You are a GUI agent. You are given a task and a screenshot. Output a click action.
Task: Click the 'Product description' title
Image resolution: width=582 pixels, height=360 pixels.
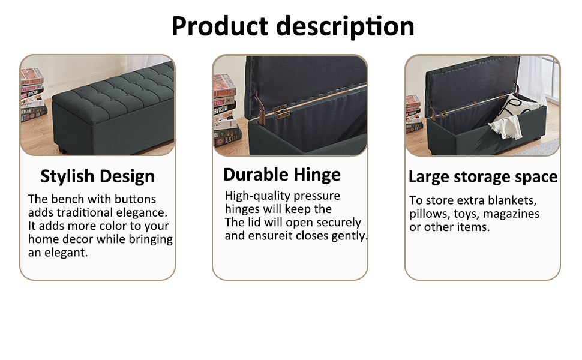click(292, 26)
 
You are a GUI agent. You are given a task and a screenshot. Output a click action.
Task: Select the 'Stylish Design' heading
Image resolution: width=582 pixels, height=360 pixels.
click(97, 176)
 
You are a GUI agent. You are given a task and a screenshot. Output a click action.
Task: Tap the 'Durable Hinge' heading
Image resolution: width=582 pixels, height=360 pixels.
click(281, 175)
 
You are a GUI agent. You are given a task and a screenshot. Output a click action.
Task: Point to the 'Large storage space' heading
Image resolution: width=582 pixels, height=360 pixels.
click(482, 177)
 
